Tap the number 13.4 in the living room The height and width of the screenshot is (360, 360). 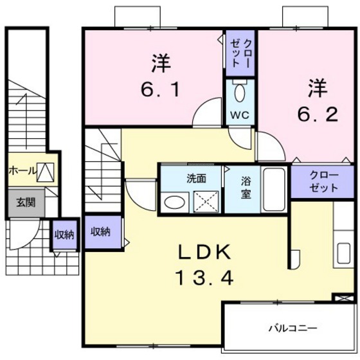203,278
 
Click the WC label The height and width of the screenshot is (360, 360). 240,115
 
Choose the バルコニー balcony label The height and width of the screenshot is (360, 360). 292,328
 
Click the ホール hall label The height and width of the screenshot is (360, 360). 21,172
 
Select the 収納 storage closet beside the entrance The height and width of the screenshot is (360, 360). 63,234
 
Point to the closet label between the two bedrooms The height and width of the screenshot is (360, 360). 240,50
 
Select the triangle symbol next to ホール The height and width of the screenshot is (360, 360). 44,172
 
